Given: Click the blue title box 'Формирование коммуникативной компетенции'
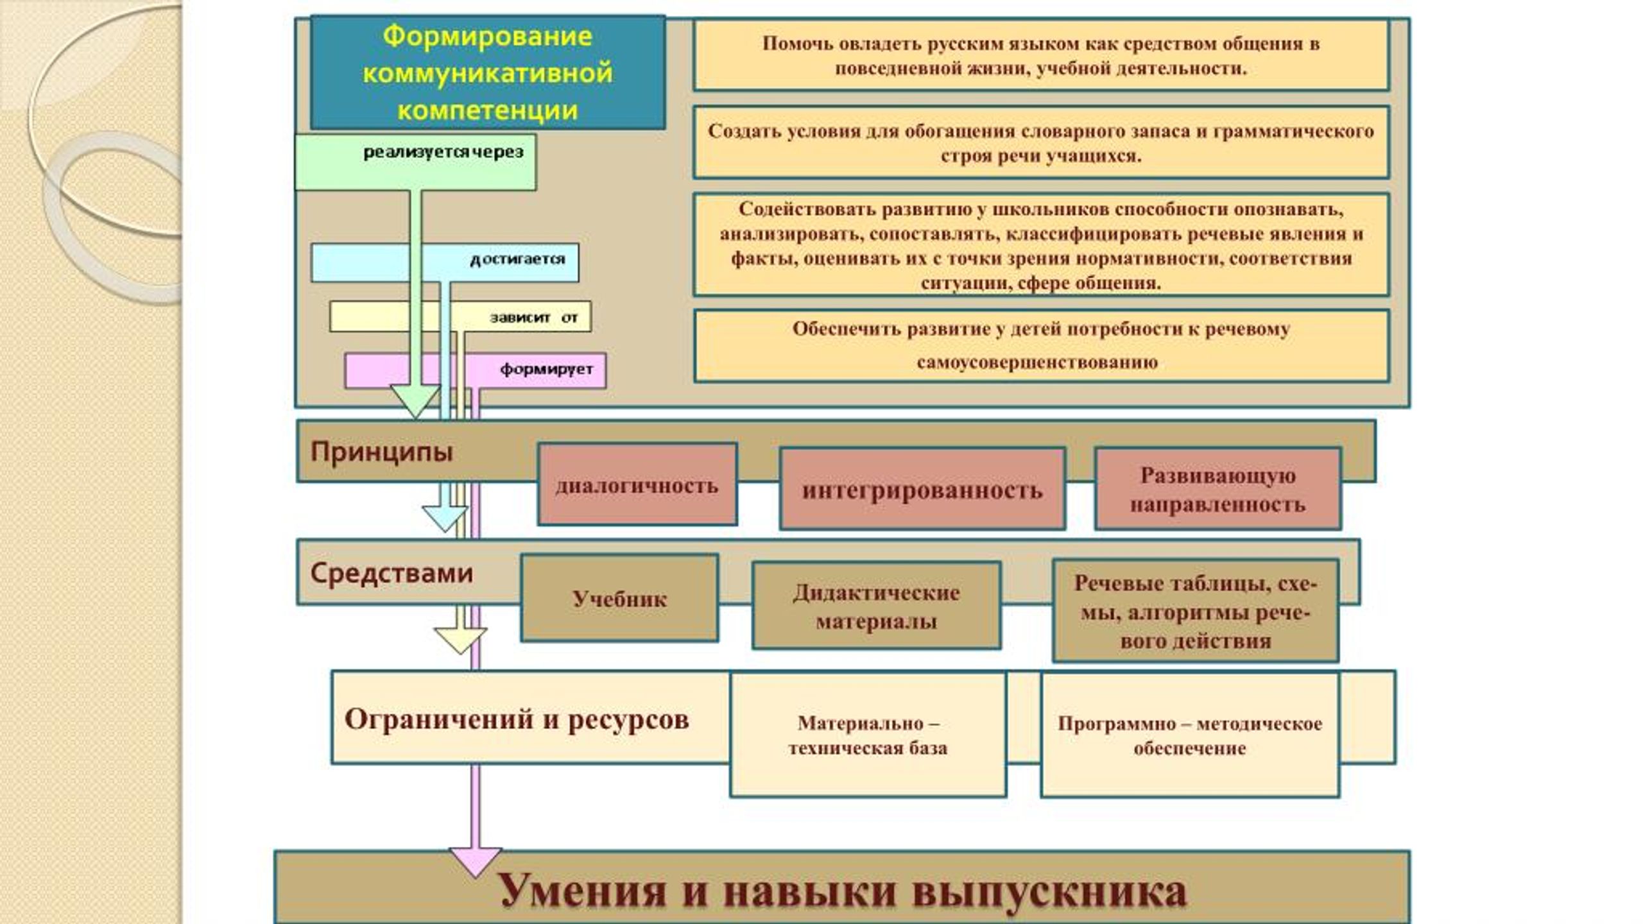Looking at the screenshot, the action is (488, 73).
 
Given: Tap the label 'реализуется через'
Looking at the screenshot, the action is (443, 152).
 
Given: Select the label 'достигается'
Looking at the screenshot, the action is (517, 259).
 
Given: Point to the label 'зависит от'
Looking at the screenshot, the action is (534, 317).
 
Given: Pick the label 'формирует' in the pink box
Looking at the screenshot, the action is (546, 370).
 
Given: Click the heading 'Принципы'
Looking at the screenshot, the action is (382, 452).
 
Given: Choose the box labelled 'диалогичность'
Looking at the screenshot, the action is (637, 484).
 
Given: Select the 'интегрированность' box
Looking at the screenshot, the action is (922, 489).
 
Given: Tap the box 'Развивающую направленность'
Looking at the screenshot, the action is (1217, 489).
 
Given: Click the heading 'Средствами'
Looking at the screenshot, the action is (391, 572).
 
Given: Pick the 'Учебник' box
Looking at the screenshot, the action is (619, 598).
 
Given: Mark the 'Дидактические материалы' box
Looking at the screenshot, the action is (876, 606).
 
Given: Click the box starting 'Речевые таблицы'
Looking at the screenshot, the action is (1195, 610).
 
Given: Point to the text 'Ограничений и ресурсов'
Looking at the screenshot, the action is (517, 719).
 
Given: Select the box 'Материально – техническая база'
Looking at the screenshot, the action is (868, 735).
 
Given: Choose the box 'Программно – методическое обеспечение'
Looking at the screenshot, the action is (1190, 735).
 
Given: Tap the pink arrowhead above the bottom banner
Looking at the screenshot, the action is (475, 862).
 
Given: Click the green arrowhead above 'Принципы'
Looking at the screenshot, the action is (415, 401).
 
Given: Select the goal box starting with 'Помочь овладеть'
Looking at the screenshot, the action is (1041, 55).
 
